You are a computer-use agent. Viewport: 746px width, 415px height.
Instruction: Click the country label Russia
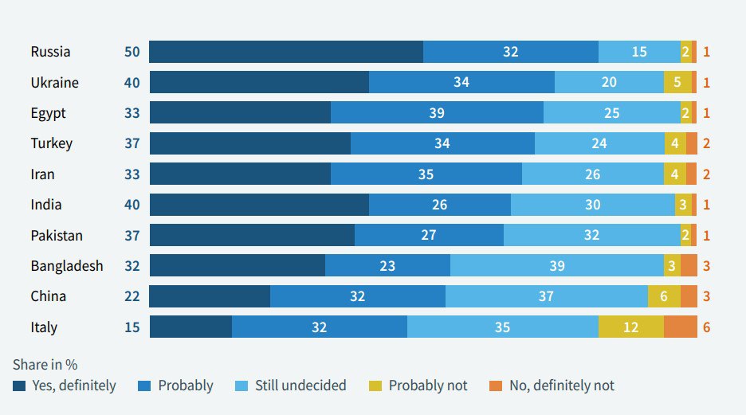click(50, 52)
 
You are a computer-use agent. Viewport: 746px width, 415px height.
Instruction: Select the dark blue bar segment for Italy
click(190, 327)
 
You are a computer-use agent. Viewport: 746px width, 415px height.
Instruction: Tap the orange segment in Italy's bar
click(680, 327)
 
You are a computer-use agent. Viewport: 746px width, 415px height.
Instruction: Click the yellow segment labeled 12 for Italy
click(630, 327)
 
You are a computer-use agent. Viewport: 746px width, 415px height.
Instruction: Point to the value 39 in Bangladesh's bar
click(557, 266)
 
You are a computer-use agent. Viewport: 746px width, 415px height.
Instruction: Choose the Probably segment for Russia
click(510, 52)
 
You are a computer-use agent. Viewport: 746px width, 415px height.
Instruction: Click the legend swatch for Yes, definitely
click(19, 386)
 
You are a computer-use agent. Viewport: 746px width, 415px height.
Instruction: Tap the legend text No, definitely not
click(561, 386)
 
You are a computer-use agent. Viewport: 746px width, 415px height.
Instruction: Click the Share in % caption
click(45, 365)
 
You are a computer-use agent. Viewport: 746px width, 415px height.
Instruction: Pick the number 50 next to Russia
click(132, 52)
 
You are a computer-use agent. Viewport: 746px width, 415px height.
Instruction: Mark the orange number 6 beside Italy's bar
click(706, 327)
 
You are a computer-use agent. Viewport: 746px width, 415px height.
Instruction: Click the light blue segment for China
click(546, 296)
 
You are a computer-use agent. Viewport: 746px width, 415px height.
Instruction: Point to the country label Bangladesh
click(67, 266)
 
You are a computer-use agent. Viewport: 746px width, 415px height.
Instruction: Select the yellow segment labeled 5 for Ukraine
click(677, 83)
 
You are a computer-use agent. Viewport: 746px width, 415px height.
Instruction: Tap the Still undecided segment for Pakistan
click(591, 236)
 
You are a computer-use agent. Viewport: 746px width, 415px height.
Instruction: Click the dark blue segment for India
click(259, 205)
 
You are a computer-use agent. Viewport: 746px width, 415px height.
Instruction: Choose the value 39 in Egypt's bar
click(437, 113)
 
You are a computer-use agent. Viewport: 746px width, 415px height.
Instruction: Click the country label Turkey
click(52, 143)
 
